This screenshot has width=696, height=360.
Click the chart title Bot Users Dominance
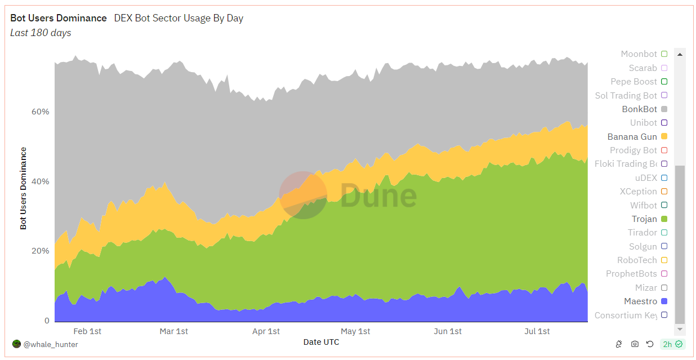click(59, 18)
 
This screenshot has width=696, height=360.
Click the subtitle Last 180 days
click(41, 33)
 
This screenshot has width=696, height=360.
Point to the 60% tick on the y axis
click(40, 112)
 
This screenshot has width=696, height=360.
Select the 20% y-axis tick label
click(40, 251)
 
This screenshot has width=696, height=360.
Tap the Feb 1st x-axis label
click(87, 331)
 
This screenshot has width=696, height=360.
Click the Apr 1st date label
click(266, 331)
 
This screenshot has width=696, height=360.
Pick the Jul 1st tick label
click(537, 331)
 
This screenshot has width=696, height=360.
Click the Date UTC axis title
click(321, 342)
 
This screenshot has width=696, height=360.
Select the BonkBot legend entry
click(639, 109)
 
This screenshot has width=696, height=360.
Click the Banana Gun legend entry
click(632, 136)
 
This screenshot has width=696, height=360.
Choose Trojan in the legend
click(644, 219)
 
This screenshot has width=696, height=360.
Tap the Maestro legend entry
click(640, 301)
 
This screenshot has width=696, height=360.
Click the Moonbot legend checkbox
click(664, 54)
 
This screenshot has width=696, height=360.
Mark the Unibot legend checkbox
click(664, 123)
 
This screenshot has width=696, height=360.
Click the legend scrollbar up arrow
click(680, 54)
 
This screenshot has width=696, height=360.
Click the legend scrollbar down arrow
click(680, 328)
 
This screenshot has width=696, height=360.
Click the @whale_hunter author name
click(51, 344)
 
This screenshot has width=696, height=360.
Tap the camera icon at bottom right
click(635, 344)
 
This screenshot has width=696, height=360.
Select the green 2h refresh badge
click(672, 344)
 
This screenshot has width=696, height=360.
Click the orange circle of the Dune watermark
click(303, 195)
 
